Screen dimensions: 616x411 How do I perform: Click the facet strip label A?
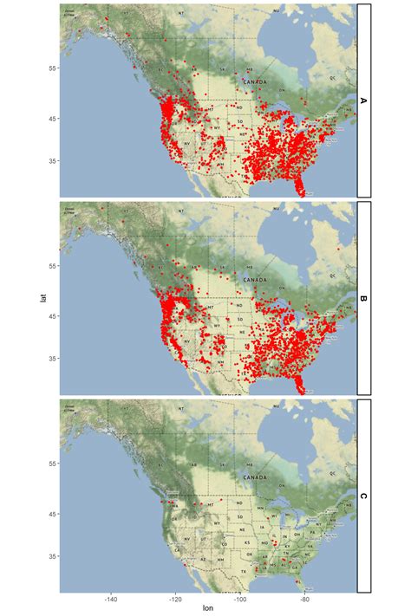point(363,101)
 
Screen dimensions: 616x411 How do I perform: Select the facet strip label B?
point(363,299)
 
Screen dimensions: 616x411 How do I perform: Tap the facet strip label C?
point(363,496)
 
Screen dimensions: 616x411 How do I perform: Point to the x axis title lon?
point(208,608)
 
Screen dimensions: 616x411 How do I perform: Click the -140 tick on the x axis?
point(111,598)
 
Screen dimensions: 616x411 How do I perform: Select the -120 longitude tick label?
point(175,598)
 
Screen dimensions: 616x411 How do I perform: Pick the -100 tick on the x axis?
point(240,598)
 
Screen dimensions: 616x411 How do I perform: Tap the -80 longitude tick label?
point(304,598)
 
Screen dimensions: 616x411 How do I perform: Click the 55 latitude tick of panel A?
point(51,68)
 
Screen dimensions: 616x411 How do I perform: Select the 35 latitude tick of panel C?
point(51,555)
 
